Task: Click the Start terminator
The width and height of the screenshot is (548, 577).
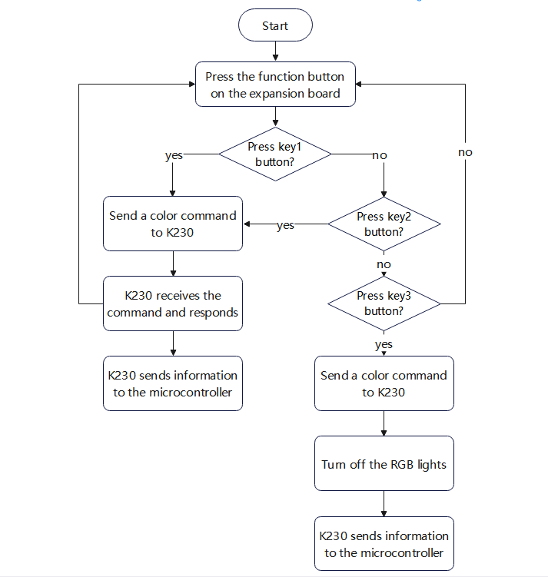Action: tap(275, 25)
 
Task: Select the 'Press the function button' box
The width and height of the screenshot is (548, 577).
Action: tap(275, 85)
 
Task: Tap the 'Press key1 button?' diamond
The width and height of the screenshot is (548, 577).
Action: tap(275, 154)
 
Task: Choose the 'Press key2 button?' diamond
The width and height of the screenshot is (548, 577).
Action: tap(384, 224)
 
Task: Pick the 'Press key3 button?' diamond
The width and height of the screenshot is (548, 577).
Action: tap(384, 303)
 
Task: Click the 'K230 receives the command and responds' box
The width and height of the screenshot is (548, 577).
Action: tap(173, 303)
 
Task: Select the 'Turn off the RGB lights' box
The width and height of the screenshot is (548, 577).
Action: tap(384, 463)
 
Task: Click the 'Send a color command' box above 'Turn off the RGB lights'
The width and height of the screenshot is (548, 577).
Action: tap(384, 383)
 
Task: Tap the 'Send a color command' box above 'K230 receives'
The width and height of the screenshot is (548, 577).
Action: tap(173, 224)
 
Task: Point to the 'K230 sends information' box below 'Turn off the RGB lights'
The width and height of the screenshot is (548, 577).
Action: tap(384, 543)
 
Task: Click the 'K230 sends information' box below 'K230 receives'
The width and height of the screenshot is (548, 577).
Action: tap(173, 383)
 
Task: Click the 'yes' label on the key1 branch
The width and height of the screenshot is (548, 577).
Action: tap(174, 156)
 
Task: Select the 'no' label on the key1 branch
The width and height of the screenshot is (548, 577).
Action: tap(380, 155)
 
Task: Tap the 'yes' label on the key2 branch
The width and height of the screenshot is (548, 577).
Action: tap(285, 225)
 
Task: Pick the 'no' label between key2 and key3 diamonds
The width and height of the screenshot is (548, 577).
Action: tap(384, 264)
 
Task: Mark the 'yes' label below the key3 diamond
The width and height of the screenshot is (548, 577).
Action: tap(384, 344)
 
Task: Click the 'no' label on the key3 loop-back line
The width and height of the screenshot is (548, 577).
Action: tap(465, 152)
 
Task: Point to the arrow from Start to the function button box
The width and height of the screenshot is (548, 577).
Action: tap(275, 51)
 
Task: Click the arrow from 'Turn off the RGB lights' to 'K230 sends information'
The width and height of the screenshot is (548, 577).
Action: tap(384, 503)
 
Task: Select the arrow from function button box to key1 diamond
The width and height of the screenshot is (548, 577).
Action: tap(275, 117)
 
